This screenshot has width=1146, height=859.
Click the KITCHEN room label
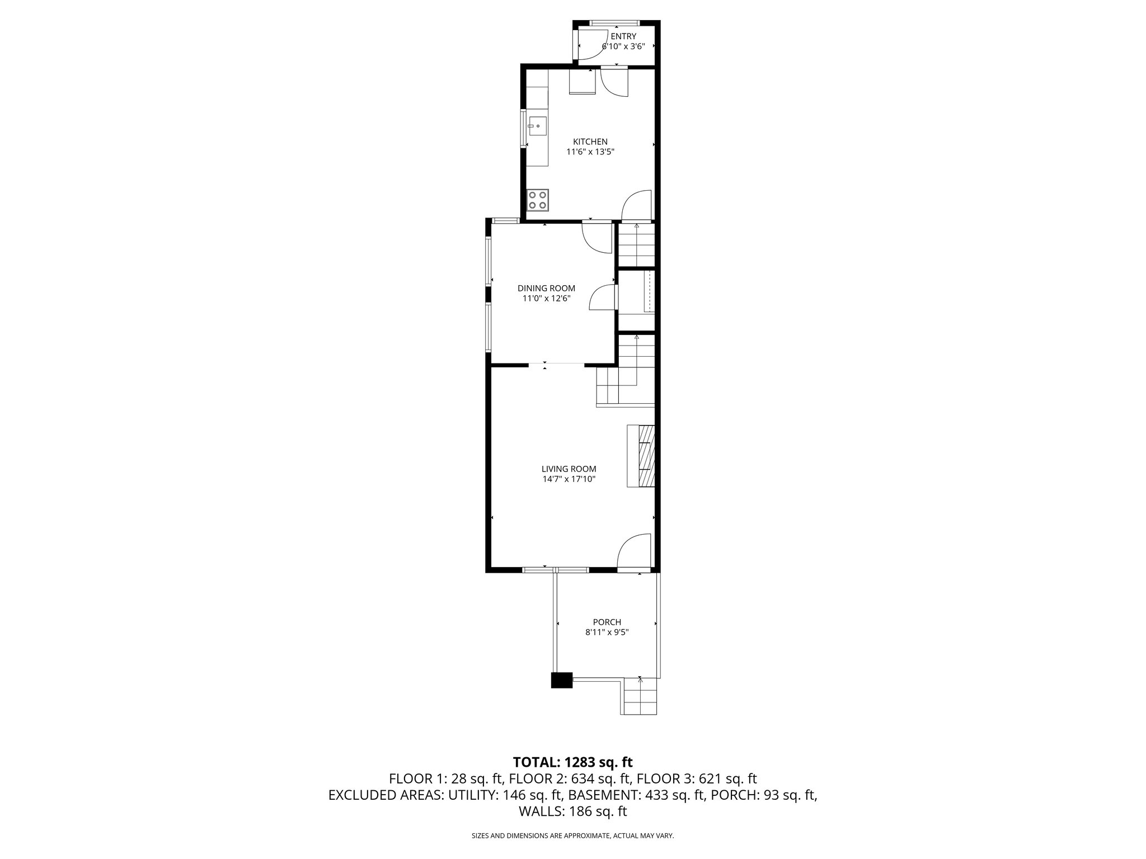pyautogui.click(x=590, y=141)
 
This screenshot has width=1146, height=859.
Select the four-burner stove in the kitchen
pyautogui.click(x=147, y=200)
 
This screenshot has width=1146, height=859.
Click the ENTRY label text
pyautogui.click(x=623, y=36)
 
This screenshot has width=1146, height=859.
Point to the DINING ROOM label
pyautogui.click(x=546, y=289)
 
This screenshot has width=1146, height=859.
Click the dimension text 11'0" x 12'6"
pyautogui.click(x=546, y=299)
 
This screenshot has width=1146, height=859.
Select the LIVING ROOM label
pyautogui.click(x=569, y=469)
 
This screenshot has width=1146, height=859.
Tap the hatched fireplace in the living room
pyautogui.click(x=646, y=456)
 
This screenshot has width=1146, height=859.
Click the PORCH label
pyautogui.click(x=607, y=622)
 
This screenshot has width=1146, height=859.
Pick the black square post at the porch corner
pyautogui.click(x=562, y=679)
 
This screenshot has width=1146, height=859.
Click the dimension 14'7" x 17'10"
pyautogui.click(x=569, y=479)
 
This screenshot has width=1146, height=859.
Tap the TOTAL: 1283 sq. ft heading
pyautogui.click(x=573, y=762)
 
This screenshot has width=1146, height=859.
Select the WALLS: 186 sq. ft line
pyautogui.click(x=573, y=812)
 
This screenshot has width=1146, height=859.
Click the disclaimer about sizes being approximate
pyautogui.click(x=573, y=836)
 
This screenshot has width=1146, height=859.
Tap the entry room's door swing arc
pyautogui.click(x=588, y=45)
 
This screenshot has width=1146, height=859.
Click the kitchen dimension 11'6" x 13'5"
pyautogui.click(x=590, y=152)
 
